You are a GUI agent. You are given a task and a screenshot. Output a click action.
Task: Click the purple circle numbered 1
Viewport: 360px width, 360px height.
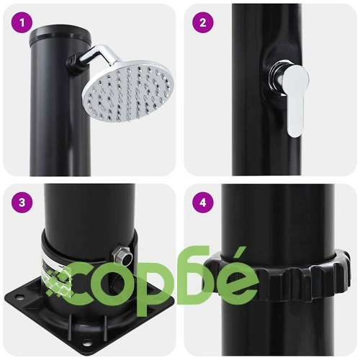click(22, 23)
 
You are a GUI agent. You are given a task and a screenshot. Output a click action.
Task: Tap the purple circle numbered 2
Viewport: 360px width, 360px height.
click(203, 23)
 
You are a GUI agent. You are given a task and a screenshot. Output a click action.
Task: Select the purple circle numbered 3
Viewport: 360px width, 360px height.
click(22, 202)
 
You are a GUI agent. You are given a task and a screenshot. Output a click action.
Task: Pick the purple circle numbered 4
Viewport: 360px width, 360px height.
click(203, 202)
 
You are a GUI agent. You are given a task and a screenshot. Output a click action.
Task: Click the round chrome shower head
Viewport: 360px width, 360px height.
click(128, 91)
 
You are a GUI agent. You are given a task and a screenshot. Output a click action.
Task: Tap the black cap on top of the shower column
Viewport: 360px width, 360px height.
click(60, 36)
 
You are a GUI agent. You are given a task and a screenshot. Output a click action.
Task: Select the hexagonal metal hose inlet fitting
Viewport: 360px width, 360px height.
click(122, 256)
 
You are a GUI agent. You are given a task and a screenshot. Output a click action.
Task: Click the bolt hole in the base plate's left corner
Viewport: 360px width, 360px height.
click(19, 297)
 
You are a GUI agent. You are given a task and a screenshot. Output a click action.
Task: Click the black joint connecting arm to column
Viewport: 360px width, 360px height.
click(74, 63)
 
